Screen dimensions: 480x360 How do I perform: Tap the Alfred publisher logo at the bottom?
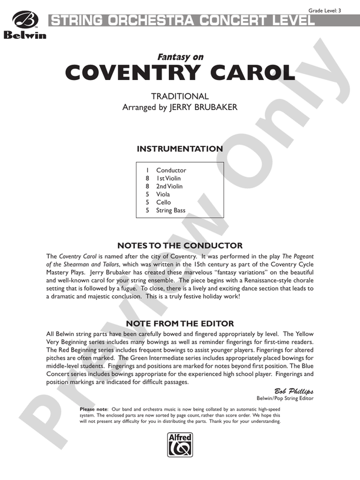[179, 441]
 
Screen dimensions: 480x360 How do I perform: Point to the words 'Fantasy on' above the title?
[179, 57]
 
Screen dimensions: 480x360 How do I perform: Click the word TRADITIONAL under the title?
[179, 96]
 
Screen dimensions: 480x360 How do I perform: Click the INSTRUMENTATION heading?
[179, 149]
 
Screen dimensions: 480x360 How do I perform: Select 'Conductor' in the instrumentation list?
[171, 171]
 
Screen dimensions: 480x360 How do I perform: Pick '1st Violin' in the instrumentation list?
[169, 178]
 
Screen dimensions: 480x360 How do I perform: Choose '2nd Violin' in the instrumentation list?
[169, 186]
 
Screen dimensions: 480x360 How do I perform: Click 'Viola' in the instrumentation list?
[163, 194]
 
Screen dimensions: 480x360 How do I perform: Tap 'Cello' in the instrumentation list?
[164, 202]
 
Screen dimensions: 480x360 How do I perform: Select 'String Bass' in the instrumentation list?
[171, 210]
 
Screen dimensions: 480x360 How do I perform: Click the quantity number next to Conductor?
[148, 171]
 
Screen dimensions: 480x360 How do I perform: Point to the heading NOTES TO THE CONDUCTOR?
[179, 245]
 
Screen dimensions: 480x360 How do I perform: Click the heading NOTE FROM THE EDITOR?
[179, 324]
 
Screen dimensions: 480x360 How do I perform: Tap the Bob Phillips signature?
[294, 391]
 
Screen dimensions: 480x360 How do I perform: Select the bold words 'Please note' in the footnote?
[94, 409]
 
